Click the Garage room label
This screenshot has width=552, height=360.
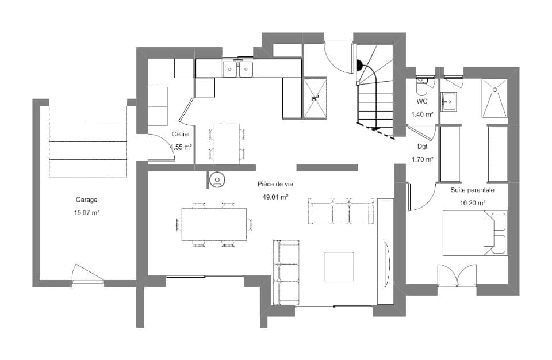point(86,200)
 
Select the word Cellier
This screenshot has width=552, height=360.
point(181,134)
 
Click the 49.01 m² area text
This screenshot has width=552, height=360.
point(274,197)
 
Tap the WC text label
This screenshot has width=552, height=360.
point(422,101)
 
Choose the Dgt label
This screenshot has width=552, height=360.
point(423,147)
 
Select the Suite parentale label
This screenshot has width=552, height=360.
point(473,189)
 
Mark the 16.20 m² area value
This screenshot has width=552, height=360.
point(473,202)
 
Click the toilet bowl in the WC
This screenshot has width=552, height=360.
point(421,89)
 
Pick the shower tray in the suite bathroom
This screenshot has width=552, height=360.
point(494,97)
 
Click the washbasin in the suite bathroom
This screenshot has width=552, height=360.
point(448,102)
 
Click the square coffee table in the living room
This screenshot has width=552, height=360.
point(339,266)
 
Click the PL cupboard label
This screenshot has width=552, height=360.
point(315,98)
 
